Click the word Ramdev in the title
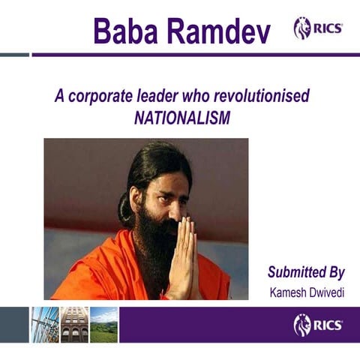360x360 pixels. point(216,31)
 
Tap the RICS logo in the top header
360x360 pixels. point(318,28)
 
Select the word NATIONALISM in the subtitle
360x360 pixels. point(182,118)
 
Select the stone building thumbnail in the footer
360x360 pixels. point(74,325)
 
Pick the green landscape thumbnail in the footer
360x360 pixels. point(103,325)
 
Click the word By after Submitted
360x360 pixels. point(334,271)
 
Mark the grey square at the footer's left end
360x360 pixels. point(14,325)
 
